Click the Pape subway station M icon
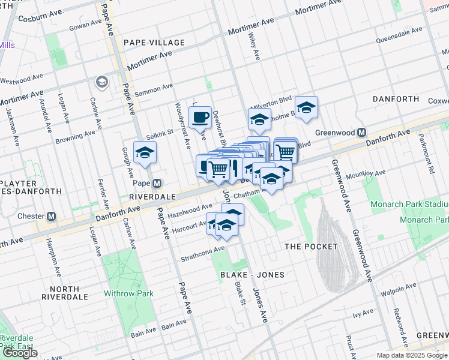[157, 183]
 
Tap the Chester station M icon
[52, 216]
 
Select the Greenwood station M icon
[362, 133]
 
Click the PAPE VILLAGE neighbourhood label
[154, 43]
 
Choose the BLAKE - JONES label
[252, 274]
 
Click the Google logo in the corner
[20, 353]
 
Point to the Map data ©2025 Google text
[412, 355]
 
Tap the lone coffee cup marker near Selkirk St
[200, 116]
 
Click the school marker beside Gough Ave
[145, 154]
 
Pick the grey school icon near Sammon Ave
[101, 81]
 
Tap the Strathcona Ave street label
[202, 253]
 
